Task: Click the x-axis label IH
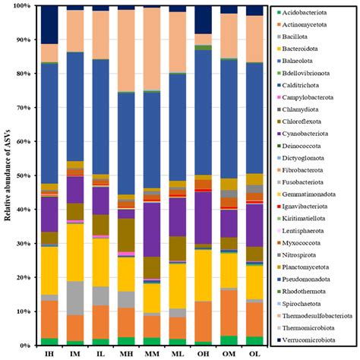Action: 50,353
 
